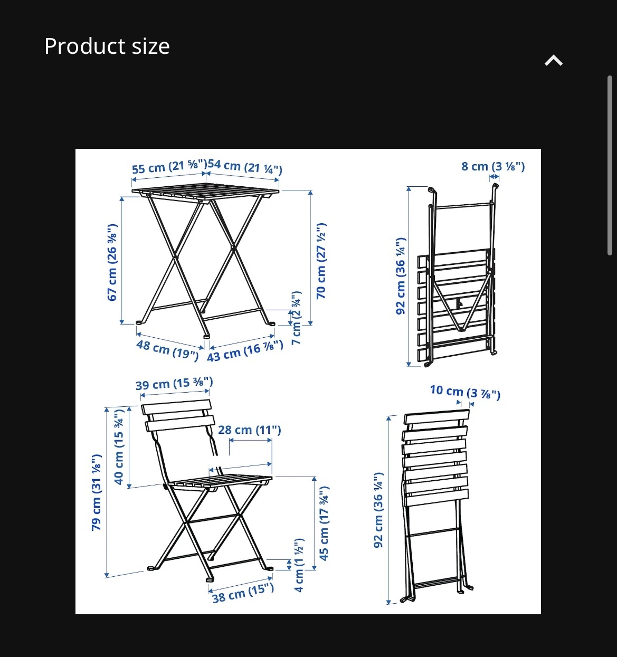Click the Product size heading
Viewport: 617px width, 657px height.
pyautogui.click(x=107, y=46)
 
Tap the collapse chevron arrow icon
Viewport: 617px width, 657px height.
pyautogui.click(x=554, y=61)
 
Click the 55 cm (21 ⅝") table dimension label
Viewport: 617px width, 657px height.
pyautogui.click(x=169, y=167)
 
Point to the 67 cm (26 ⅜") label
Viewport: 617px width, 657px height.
pyautogui.click(x=112, y=262)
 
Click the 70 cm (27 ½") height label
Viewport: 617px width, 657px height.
pyautogui.click(x=321, y=261)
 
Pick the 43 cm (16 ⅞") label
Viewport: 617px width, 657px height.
pyautogui.click(x=245, y=351)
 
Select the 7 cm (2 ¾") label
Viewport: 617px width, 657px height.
pyautogui.click(x=296, y=318)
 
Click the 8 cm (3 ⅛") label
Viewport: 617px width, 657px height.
pyautogui.click(x=493, y=166)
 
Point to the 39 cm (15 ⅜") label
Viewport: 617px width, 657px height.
pyautogui.click(x=174, y=384)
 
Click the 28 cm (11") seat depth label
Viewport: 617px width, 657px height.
pyautogui.click(x=249, y=430)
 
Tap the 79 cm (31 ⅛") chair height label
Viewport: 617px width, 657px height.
pyautogui.click(x=96, y=492)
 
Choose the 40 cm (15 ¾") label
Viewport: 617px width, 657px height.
pyautogui.click(x=119, y=447)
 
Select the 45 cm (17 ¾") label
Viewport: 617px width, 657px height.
pyautogui.click(x=324, y=523)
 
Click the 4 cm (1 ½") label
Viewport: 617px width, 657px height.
pyautogui.click(x=299, y=565)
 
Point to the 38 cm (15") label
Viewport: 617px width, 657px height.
pyautogui.click(x=243, y=593)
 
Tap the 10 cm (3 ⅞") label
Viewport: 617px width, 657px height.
pyautogui.click(x=465, y=392)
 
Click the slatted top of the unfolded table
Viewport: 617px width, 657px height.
pyautogui.click(x=205, y=192)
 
